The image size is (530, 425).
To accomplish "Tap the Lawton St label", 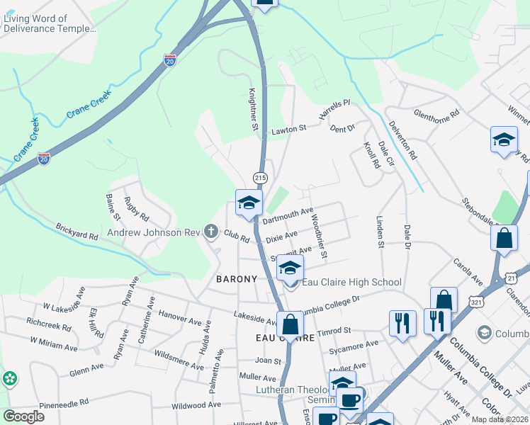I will [288, 130].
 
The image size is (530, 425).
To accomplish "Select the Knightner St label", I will [252, 109].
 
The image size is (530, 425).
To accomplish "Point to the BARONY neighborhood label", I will [237, 279].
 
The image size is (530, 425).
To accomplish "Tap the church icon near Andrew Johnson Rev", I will [210, 231].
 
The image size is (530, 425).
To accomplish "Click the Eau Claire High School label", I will [351, 283].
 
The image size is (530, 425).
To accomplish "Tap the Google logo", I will [24, 416].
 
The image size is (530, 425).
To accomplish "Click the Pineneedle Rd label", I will [63, 402].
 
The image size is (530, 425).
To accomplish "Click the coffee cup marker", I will [349, 400].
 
